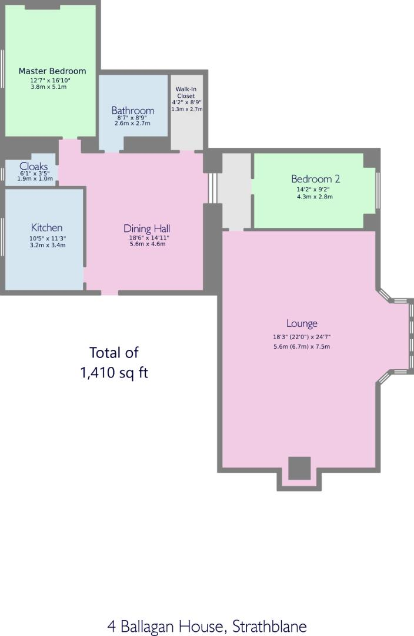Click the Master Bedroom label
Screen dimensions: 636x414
52,71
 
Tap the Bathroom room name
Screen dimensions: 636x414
133,110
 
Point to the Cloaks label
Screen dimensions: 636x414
34,166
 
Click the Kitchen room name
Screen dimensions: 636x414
46,227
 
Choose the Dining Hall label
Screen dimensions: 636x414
147,228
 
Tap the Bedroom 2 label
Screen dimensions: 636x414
315,179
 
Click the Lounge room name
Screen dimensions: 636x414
302,323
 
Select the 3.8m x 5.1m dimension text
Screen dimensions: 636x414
48,87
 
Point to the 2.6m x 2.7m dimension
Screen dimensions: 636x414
132,124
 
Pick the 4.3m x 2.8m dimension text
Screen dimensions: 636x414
315,197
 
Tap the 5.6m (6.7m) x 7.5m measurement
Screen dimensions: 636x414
301,346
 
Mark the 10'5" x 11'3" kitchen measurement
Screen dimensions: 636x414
47,238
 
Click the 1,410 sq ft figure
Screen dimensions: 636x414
113,373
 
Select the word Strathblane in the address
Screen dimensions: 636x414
269,626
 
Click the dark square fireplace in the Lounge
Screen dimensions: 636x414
299,468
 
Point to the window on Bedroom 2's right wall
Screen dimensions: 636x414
378,189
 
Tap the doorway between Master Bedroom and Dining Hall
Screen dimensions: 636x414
70,140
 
